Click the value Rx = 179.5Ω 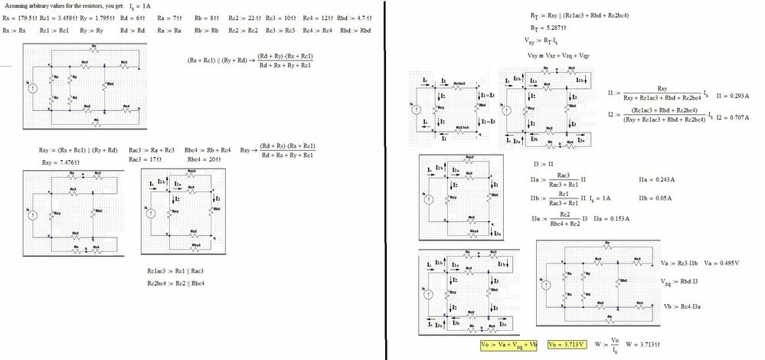point(18,18)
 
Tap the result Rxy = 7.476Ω point(57,162)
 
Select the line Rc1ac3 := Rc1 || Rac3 point(175,271)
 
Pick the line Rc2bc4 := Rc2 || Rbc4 point(176,283)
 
